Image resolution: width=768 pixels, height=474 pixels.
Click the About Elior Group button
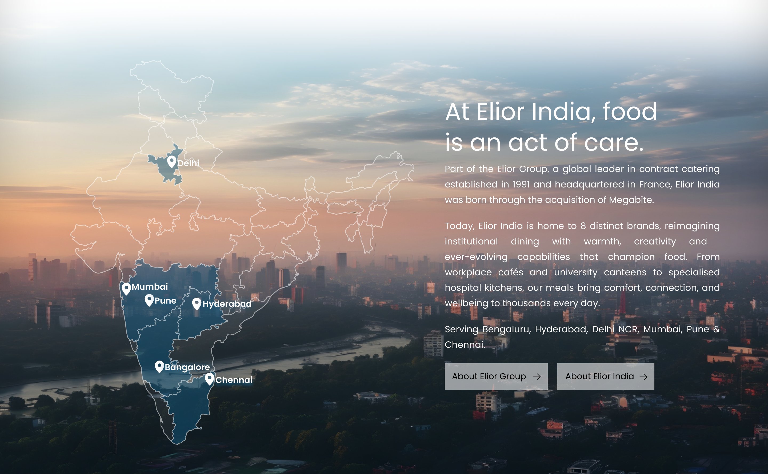click(x=496, y=377)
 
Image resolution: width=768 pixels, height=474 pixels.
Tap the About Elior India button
click(x=605, y=377)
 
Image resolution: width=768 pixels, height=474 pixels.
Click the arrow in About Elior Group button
click(x=537, y=377)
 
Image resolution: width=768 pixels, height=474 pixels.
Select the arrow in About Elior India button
click(x=643, y=377)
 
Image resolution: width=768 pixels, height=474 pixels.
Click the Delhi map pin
click(x=171, y=161)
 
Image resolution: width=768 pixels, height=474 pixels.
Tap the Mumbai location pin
click(x=126, y=288)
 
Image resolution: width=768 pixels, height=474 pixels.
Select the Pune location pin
click(x=149, y=299)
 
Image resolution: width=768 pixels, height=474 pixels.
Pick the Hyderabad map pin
click(x=197, y=303)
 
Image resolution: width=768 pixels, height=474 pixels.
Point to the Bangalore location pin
click(x=159, y=366)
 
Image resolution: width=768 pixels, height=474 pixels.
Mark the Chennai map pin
click(x=210, y=378)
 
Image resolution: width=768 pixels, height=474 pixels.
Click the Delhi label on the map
click(x=188, y=163)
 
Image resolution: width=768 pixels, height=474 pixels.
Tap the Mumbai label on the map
click(x=150, y=287)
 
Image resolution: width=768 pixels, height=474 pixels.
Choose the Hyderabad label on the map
click(x=227, y=304)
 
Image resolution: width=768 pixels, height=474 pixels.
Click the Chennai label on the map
click(x=234, y=380)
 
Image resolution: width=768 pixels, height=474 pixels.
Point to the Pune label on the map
click(x=165, y=301)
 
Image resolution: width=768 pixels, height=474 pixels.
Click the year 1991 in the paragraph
click(x=521, y=184)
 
